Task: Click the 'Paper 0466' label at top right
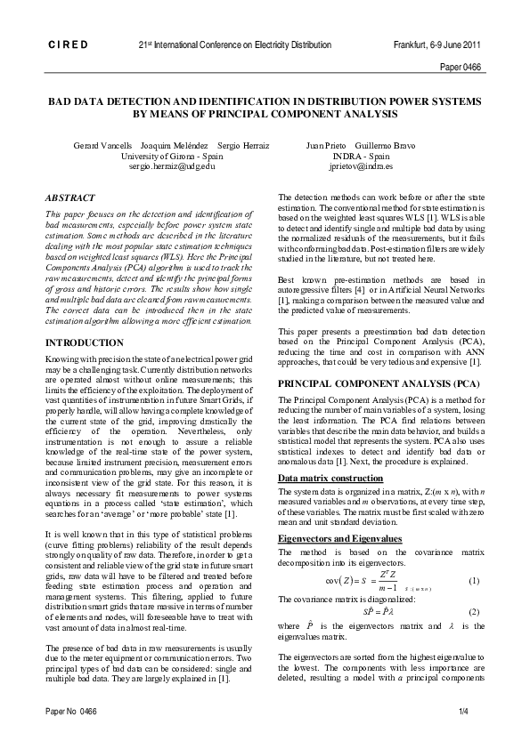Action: coord(461,67)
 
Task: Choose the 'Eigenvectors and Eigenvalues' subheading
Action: coord(338,539)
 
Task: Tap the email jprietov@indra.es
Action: coord(355,165)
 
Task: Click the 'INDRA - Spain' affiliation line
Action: coord(355,155)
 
